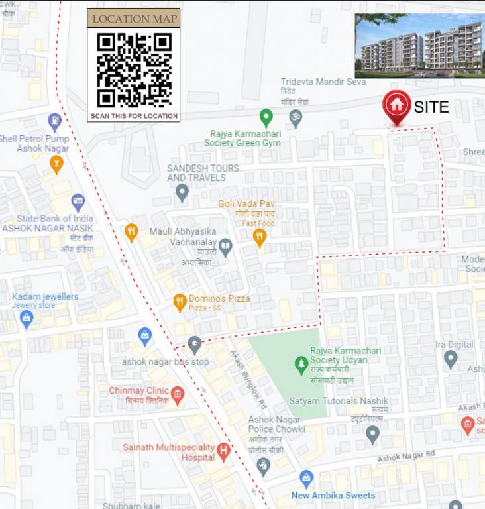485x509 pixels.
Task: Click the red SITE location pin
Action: [x=396, y=106]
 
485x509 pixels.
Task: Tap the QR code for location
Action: [x=134, y=70]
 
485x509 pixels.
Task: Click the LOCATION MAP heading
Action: [x=134, y=19]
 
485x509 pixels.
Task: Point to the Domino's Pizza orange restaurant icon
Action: [x=180, y=303]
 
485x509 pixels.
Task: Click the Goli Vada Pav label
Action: [x=247, y=203]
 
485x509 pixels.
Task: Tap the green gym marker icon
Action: [x=266, y=118]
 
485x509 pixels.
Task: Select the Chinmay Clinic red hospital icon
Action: [x=177, y=396]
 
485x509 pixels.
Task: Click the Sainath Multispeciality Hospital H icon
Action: [x=223, y=452]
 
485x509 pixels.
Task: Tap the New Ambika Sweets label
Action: [x=333, y=495]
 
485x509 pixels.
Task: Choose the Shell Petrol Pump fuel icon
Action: [x=55, y=122]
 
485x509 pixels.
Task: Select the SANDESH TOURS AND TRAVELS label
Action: [x=203, y=173]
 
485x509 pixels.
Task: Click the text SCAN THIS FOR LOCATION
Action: [x=134, y=116]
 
